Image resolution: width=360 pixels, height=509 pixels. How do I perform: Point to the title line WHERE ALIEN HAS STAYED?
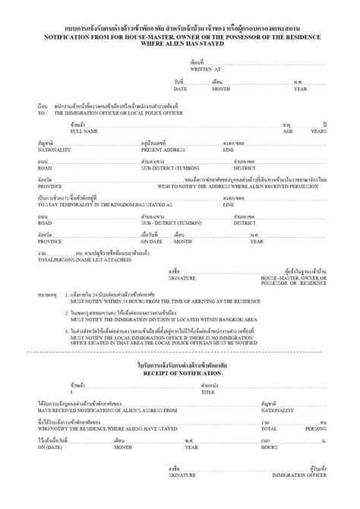pyautogui.click(x=179, y=43)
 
